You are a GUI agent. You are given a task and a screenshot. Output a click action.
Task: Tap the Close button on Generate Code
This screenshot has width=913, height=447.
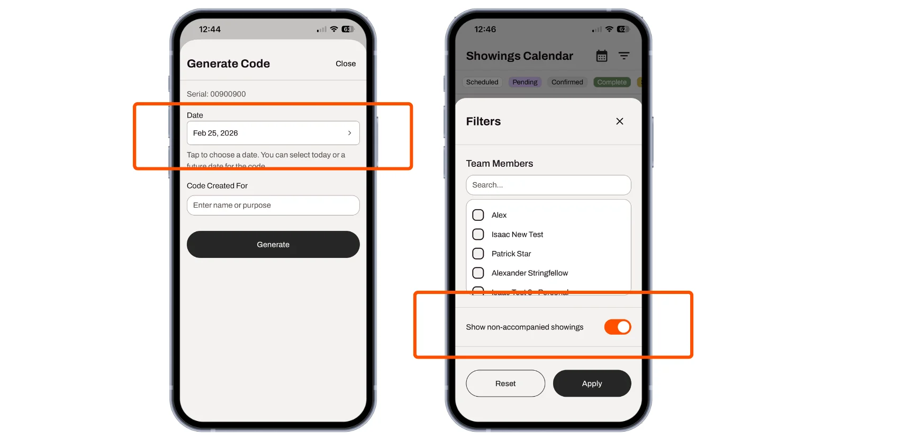pyautogui.click(x=345, y=64)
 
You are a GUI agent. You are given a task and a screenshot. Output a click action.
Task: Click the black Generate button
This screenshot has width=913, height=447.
pyautogui.click(x=273, y=245)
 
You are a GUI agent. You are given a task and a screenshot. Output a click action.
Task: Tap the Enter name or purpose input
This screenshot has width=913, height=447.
pyautogui.click(x=273, y=205)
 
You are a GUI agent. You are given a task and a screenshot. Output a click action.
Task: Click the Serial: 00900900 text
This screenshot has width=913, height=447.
pyautogui.click(x=216, y=94)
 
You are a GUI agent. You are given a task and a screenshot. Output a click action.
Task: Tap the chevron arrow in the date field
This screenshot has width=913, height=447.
pyautogui.click(x=349, y=133)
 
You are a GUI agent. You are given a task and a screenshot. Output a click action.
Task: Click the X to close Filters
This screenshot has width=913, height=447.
pyautogui.click(x=619, y=121)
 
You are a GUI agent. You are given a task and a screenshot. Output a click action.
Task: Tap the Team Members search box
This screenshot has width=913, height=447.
pyautogui.click(x=548, y=185)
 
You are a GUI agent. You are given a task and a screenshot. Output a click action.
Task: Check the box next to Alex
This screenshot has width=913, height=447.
pyautogui.click(x=478, y=215)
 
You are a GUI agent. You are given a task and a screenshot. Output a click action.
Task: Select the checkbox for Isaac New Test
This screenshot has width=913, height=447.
pyautogui.click(x=478, y=234)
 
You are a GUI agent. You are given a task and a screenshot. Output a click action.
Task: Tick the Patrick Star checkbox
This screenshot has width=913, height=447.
pyautogui.click(x=478, y=254)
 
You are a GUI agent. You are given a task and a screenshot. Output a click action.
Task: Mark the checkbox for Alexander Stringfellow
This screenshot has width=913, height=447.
pyautogui.click(x=478, y=273)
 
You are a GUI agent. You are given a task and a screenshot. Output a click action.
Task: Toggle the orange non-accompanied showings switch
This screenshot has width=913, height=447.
pyautogui.click(x=617, y=327)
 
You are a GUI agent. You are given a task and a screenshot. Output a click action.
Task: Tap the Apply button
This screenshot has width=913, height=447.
pyautogui.click(x=592, y=383)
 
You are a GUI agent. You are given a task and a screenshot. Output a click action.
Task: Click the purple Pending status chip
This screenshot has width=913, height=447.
pyautogui.click(x=525, y=82)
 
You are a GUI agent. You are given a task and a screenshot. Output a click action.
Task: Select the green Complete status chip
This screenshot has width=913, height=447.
pyautogui.click(x=611, y=82)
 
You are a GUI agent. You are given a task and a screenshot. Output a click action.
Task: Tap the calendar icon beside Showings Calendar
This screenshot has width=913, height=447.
pyautogui.click(x=602, y=56)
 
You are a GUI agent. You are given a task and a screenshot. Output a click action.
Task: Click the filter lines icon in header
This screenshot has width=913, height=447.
pyautogui.click(x=624, y=56)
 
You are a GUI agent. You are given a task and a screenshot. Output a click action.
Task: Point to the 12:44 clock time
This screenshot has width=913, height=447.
pyautogui.click(x=210, y=30)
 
